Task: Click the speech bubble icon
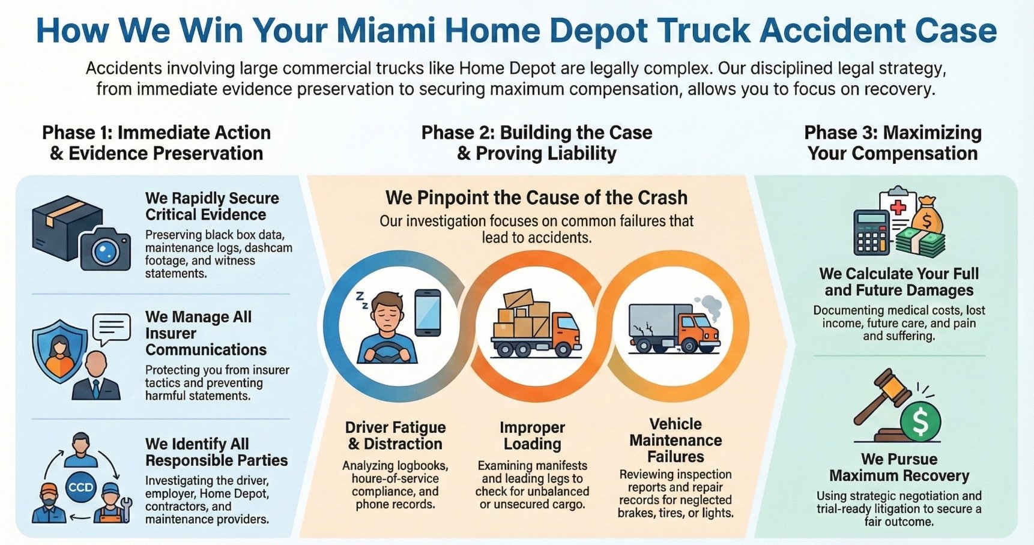point(112,329)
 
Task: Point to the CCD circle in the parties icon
point(81,487)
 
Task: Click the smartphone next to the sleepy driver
point(428,313)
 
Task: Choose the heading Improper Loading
point(532,436)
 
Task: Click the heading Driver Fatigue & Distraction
point(395,436)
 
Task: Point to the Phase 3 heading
point(892,143)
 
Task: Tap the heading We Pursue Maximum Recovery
point(899,468)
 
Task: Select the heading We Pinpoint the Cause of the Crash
point(536,198)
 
